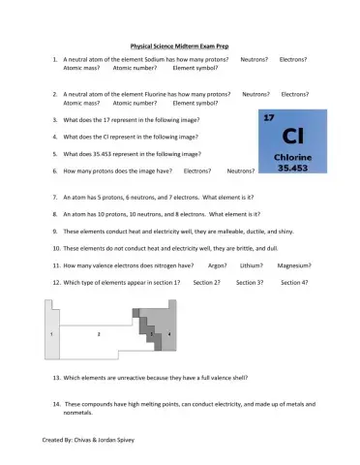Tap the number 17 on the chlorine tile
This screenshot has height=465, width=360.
pyautogui.click(x=268, y=117)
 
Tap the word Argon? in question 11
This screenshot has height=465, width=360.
pyautogui.click(x=218, y=264)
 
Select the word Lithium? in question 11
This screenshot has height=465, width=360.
pyautogui.click(x=252, y=264)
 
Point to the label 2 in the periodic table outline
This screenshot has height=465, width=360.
pyautogui.click(x=99, y=333)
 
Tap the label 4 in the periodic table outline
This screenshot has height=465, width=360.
pyautogui.click(x=168, y=333)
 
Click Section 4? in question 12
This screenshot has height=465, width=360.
pyautogui.click(x=294, y=282)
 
